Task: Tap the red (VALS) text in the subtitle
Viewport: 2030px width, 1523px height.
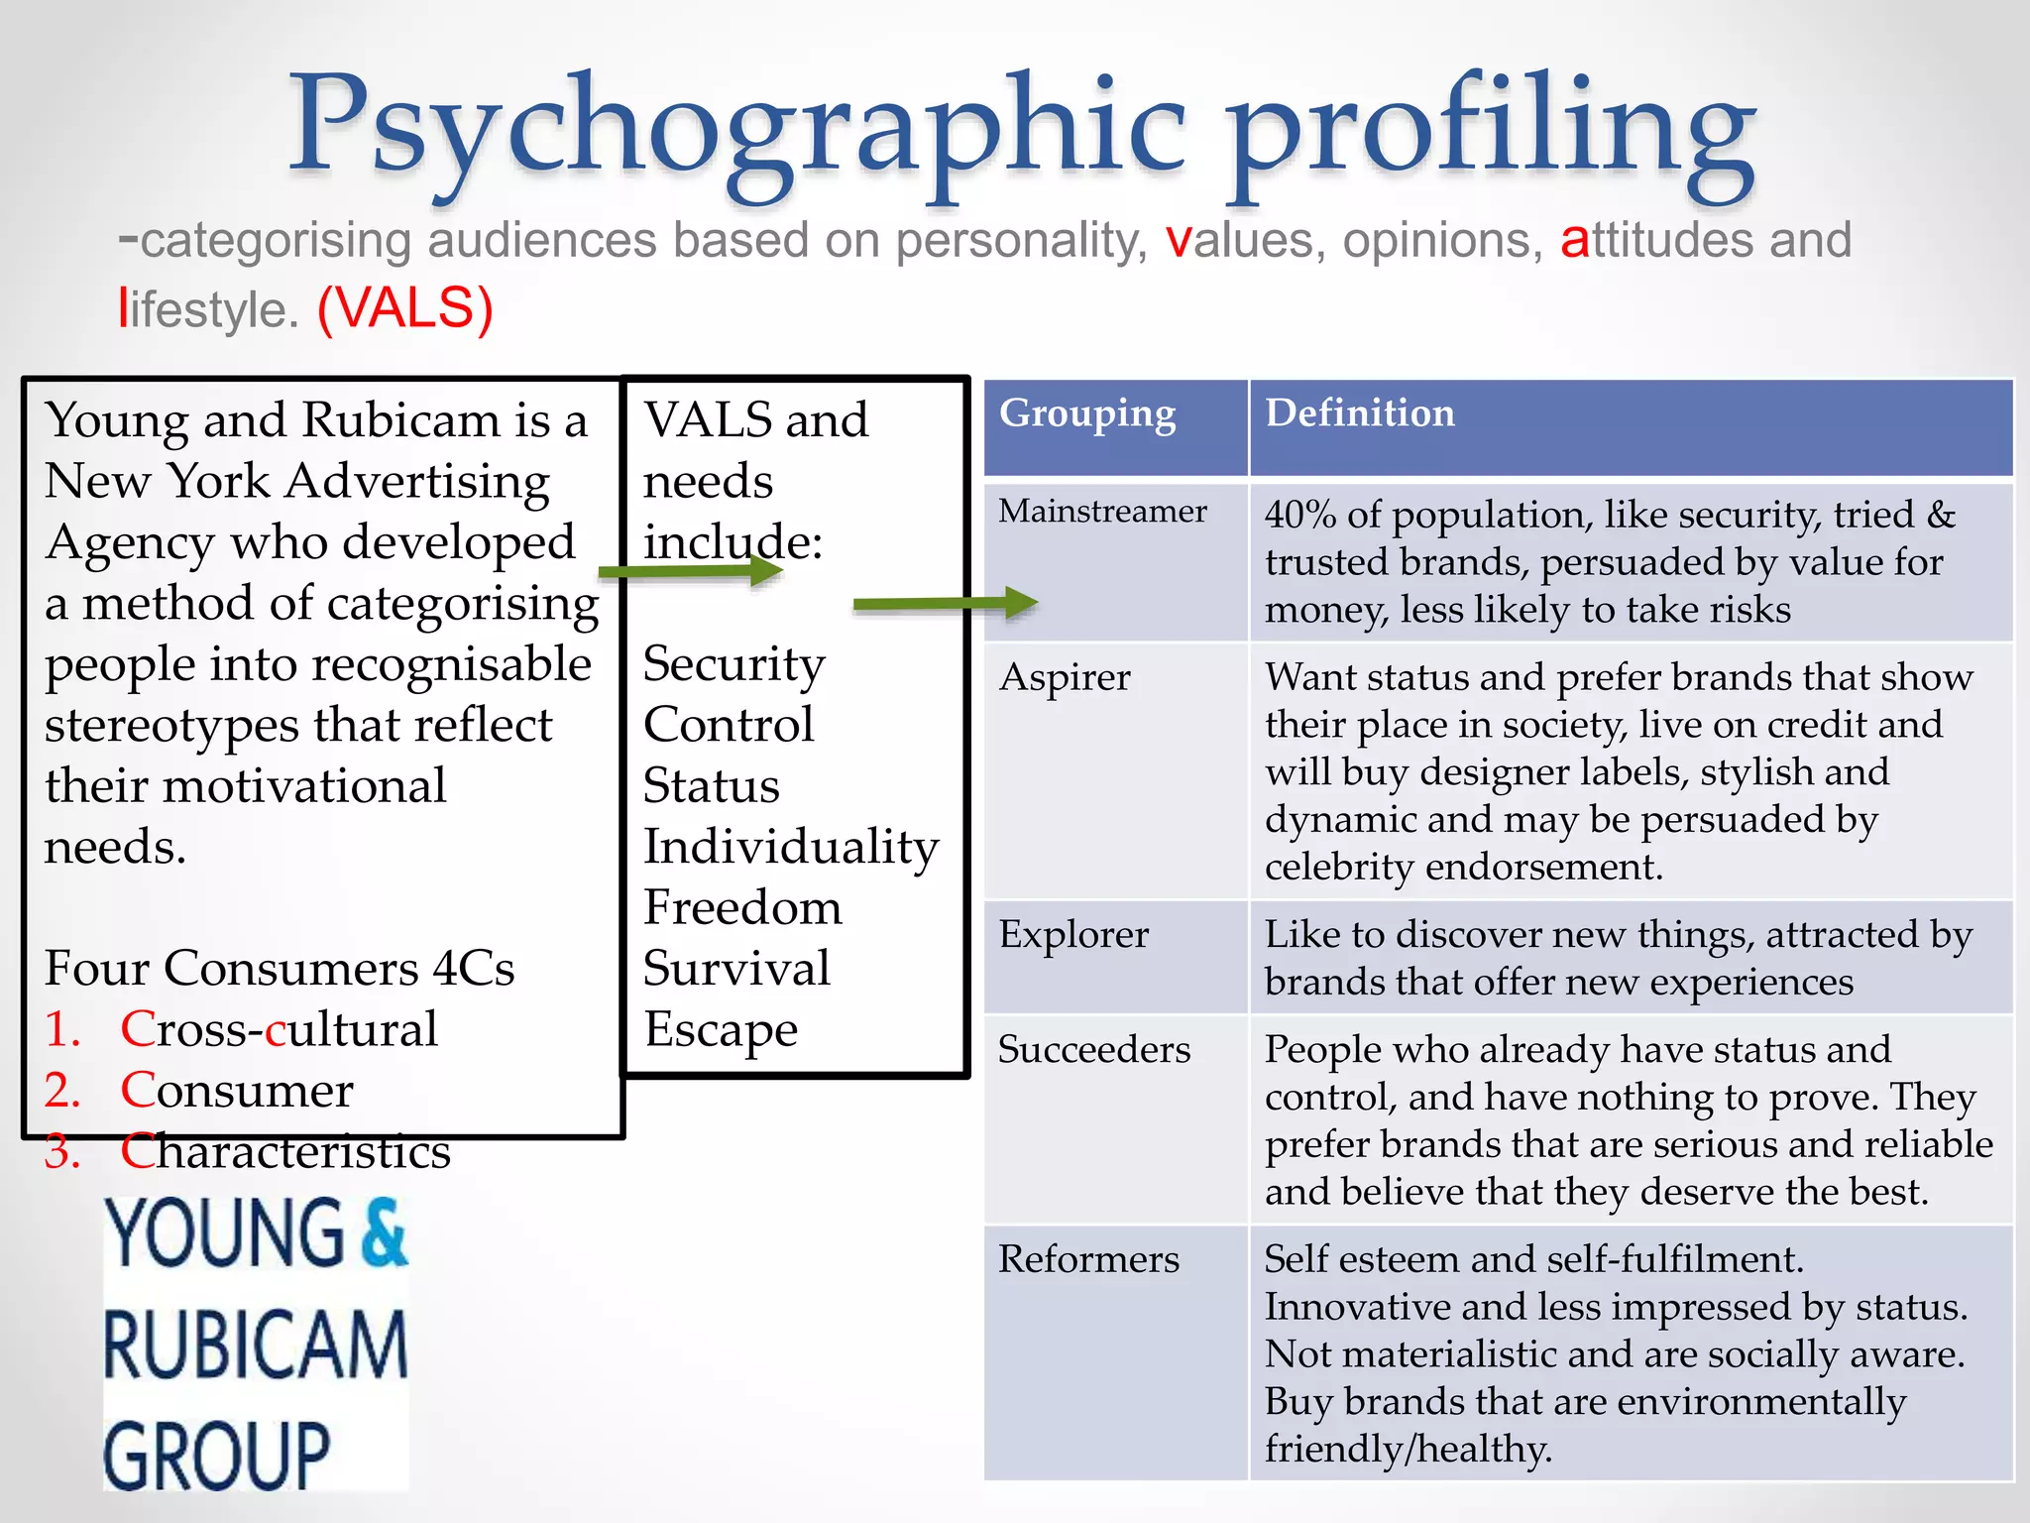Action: (x=404, y=308)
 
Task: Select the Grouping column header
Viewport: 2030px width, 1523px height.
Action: (x=1087, y=413)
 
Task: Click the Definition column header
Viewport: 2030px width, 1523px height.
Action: (x=1360, y=413)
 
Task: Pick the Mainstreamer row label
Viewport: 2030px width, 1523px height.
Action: (x=1102, y=512)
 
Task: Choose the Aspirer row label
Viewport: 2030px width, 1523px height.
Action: (x=1065, y=678)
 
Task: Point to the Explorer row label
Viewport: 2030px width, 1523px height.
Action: (x=1073, y=935)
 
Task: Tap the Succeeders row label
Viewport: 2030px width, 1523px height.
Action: (x=1094, y=1050)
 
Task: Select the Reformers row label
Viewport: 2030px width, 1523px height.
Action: (x=1088, y=1259)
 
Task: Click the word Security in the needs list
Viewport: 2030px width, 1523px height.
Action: (x=733, y=664)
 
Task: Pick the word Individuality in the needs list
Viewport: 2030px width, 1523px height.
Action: (x=791, y=848)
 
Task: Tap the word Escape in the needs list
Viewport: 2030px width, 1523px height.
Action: (x=721, y=1030)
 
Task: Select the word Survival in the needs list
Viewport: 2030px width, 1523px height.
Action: (x=736, y=969)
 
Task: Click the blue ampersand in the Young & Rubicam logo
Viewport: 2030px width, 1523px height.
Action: (x=384, y=1231)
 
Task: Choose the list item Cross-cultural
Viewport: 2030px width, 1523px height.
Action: (x=279, y=1030)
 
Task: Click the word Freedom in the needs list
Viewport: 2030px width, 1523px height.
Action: (x=742, y=908)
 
